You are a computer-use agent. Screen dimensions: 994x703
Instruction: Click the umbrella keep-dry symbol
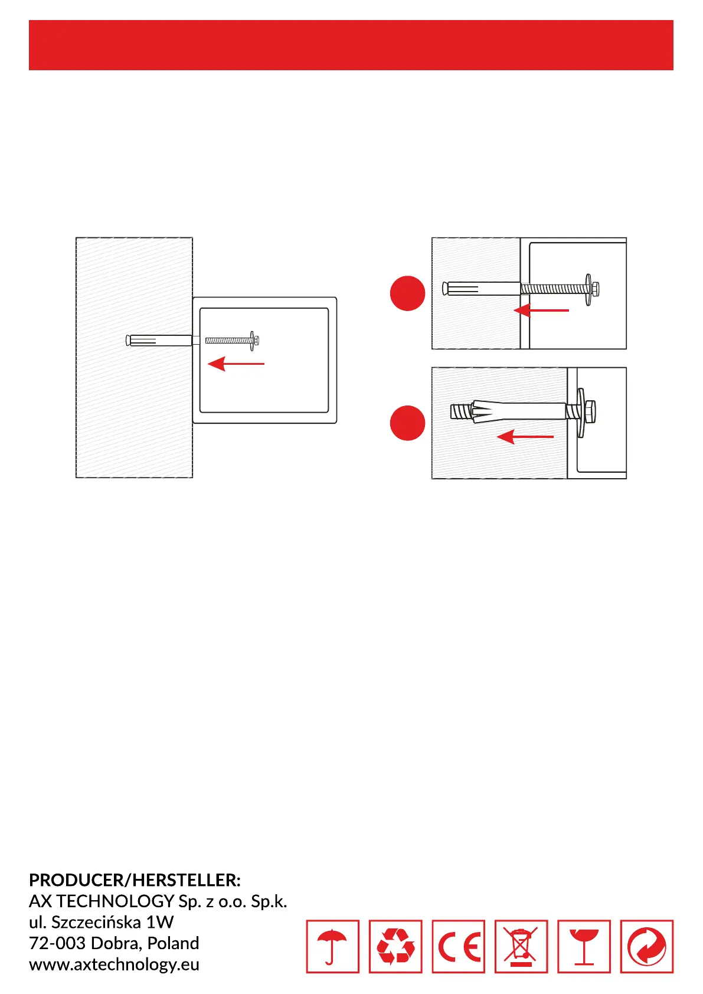[332, 946]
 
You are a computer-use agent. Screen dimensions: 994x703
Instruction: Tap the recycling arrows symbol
[395, 946]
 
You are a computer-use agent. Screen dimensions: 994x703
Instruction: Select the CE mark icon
[458, 946]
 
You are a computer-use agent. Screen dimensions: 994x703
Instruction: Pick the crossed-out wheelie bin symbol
[521, 946]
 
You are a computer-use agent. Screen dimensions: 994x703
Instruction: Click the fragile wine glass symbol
[584, 946]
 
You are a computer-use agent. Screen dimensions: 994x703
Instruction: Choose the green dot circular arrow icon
[646, 946]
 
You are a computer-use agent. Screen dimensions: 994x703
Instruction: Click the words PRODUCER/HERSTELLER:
[135, 880]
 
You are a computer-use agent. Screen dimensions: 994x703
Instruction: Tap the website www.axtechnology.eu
[114, 964]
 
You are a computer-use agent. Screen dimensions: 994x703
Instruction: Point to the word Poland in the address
[173, 943]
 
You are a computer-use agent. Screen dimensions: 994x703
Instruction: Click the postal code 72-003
[57, 943]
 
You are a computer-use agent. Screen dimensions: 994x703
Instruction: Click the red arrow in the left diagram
[236, 364]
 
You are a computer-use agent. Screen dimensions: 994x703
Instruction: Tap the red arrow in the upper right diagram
[541, 310]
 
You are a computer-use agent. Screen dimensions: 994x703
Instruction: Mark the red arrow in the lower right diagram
[525, 437]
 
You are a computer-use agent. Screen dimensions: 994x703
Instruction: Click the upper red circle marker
[407, 293]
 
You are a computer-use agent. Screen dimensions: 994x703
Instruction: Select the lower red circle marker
[407, 423]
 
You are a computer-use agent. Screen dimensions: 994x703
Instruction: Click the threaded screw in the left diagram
[227, 341]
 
